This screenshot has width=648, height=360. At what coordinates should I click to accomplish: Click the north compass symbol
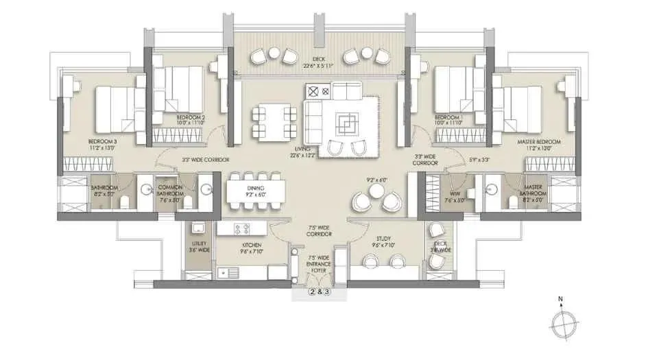pyautogui.click(x=562, y=321)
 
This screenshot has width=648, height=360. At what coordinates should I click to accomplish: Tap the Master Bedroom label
pyautogui.click(x=539, y=141)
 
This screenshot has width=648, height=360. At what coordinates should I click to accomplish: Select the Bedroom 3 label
pyautogui.click(x=103, y=142)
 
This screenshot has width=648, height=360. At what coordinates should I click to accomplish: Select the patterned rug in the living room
pyautogui.click(x=346, y=121)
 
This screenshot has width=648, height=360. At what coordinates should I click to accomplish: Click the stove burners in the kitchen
pyautogui.click(x=242, y=230)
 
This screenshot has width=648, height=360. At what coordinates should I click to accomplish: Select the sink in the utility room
pyautogui.click(x=197, y=228)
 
